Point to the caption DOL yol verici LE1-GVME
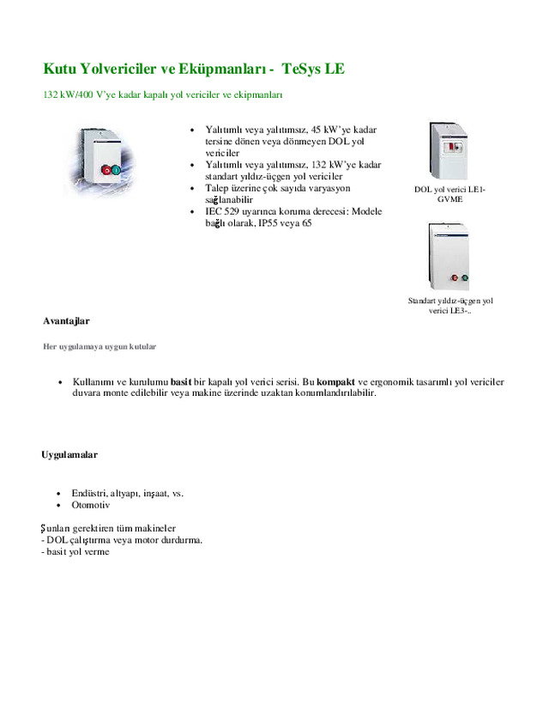(x=449, y=193)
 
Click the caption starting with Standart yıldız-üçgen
(x=449, y=306)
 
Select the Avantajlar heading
(x=66, y=320)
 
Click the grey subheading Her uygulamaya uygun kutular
(x=100, y=347)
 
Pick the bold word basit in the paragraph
(x=181, y=381)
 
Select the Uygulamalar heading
(x=69, y=454)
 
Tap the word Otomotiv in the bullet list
(x=91, y=505)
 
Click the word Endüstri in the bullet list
(x=89, y=493)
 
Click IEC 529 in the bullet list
(x=226, y=211)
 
